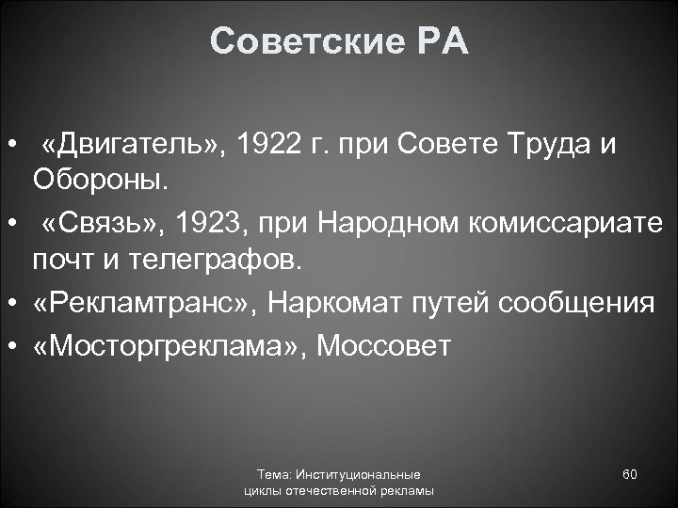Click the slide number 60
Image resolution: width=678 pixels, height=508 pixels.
(x=630, y=474)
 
